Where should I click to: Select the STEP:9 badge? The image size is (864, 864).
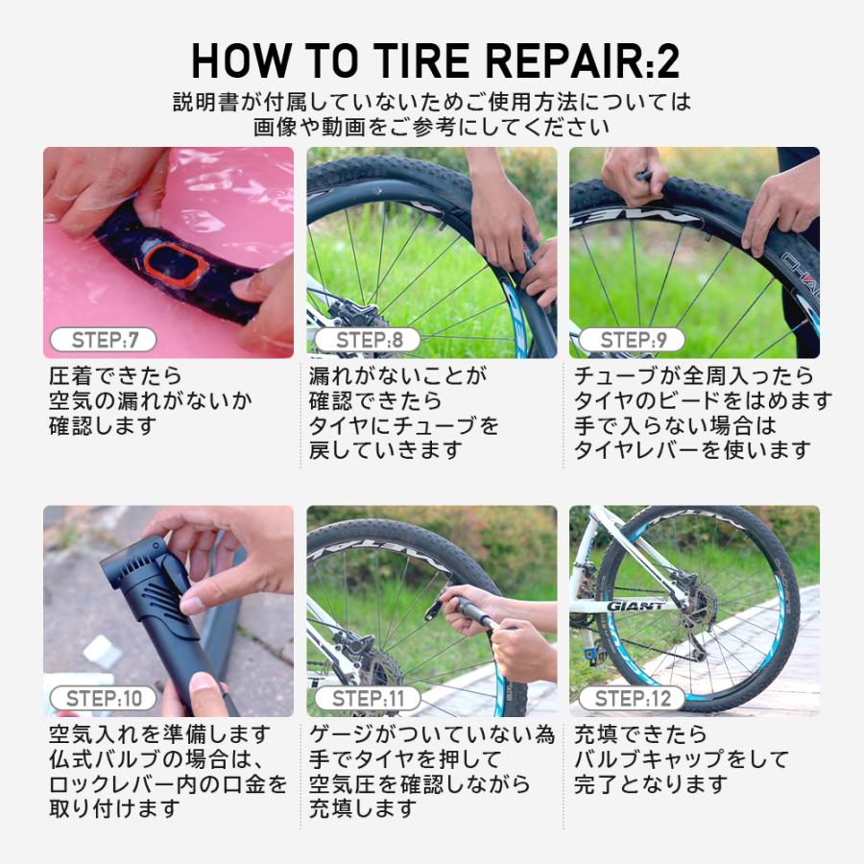(x=629, y=340)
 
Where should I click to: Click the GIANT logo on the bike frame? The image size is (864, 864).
(x=636, y=606)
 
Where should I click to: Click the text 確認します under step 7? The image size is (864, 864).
(x=103, y=425)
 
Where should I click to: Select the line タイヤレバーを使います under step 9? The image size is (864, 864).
(x=692, y=449)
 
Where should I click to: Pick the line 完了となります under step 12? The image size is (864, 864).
(x=651, y=784)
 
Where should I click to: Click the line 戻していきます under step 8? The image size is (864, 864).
(x=386, y=449)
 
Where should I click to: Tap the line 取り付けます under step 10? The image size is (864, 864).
(x=114, y=808)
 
